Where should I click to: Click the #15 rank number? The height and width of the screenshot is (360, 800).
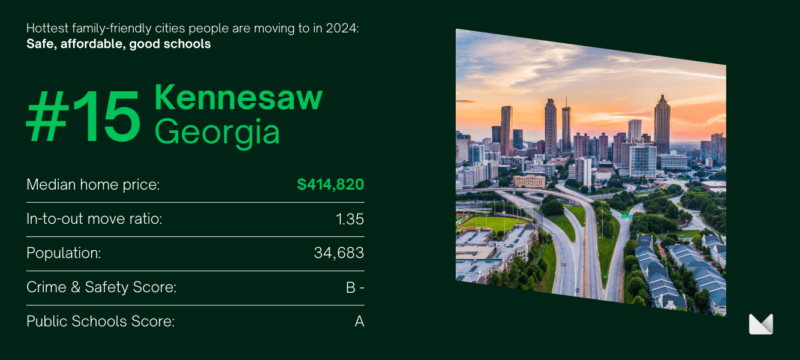tap(83, 116)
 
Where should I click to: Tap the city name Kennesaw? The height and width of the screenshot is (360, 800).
tap(238, 97)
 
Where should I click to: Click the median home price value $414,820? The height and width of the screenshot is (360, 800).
tap(330, 184)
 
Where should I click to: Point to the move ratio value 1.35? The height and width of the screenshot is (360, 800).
tap(350, 219)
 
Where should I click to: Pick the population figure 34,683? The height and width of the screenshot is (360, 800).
tap(339, 253)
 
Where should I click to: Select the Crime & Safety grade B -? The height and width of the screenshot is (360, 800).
tap(355, 287)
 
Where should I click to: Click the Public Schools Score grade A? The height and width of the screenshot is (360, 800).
tap(359, 322)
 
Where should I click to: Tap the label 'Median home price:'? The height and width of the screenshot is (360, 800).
tap(93, 185)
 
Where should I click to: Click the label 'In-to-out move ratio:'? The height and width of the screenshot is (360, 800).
tap(94, 219)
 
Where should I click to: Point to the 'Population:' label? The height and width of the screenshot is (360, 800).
tap(64, 253)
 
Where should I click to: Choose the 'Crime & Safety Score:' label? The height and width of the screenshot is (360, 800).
tap(101, 287)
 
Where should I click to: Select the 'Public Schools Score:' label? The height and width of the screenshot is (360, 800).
tap(100, 322)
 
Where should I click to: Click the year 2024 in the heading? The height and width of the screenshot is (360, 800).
tap(342, 28)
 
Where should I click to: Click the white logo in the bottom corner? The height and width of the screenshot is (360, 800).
tap(760, 324)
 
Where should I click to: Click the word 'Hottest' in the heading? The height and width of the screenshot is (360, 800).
tap(47, 28)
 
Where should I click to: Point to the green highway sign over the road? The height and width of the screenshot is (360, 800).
tap(627, 216)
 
